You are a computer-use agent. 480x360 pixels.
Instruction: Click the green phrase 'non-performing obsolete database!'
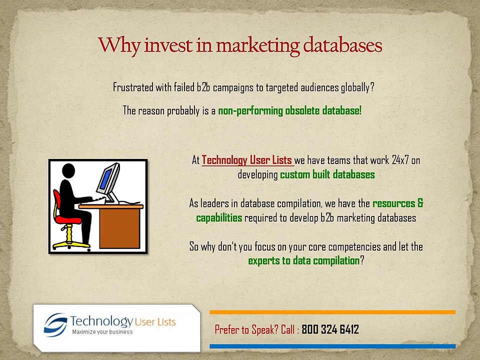[x=290, y=110]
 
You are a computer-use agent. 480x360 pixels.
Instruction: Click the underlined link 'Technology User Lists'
[x=247, y=160]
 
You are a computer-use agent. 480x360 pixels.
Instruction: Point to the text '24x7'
[x=400, y=160]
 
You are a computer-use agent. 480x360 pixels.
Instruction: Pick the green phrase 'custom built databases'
[x=327, y=175]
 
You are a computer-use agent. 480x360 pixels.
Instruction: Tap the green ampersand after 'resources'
[x=420, y=203]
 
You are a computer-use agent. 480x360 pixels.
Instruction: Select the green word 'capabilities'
[x=219, y=218]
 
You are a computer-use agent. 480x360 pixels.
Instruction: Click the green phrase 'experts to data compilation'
[x=303, y=261]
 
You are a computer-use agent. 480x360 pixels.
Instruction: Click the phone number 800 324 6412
[x=330, y=329]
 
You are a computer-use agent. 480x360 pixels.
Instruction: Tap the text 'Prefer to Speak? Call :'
[x=257, y=329]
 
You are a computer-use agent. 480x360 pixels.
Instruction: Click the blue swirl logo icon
[x=55, y=324]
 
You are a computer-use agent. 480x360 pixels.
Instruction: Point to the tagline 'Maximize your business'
[x=102, y=332]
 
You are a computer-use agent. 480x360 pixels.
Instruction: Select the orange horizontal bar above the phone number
[x=332, y=312]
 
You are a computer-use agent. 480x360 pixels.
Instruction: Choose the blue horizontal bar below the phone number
[x=332, y=346]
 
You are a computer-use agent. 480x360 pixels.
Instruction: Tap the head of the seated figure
[x=68, y=171]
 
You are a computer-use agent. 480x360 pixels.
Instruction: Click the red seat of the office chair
[x=68, y=219]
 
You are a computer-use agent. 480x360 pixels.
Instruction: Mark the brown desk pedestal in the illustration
[x=119, y=228]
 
